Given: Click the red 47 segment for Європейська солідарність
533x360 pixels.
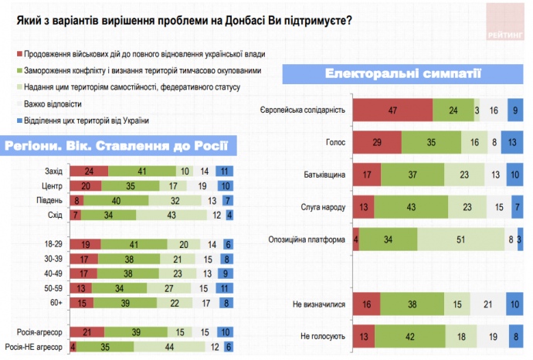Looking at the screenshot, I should tap(393, 110).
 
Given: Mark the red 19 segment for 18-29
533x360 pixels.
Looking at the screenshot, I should tap(85, 243).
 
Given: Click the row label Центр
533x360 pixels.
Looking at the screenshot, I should tap(53, 185).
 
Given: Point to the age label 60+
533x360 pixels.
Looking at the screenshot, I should tap(56, 302).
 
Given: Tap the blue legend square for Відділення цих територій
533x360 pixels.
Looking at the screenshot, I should tap(17, 120).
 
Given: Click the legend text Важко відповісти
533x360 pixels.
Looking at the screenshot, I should tap(53, 103).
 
